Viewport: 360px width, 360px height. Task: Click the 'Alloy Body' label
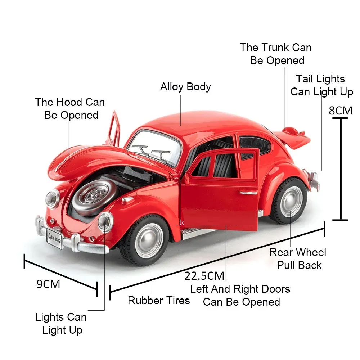(185, 87)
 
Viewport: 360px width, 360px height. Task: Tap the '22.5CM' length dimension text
(204, 276)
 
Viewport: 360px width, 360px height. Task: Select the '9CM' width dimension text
(48, 284)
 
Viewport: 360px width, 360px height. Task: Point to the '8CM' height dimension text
(341, 110)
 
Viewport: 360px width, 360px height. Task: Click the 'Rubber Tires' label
(159, 300)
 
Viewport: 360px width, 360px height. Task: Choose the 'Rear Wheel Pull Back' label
(298, 259)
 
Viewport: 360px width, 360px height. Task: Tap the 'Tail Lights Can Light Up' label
(321, 85)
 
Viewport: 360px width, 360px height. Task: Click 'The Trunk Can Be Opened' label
(276, 54)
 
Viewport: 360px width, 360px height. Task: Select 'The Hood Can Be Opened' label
(70, 108)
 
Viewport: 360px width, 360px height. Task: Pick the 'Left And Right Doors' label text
(240, 289)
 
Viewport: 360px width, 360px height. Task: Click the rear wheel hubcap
(291, 202)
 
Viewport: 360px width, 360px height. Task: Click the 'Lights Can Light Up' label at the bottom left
(61, 323)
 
